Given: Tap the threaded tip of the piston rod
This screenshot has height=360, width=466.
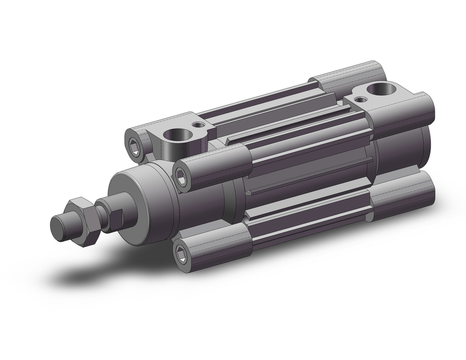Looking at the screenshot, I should tap(60, 226).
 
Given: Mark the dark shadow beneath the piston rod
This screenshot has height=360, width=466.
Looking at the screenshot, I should tap(93, 275).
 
